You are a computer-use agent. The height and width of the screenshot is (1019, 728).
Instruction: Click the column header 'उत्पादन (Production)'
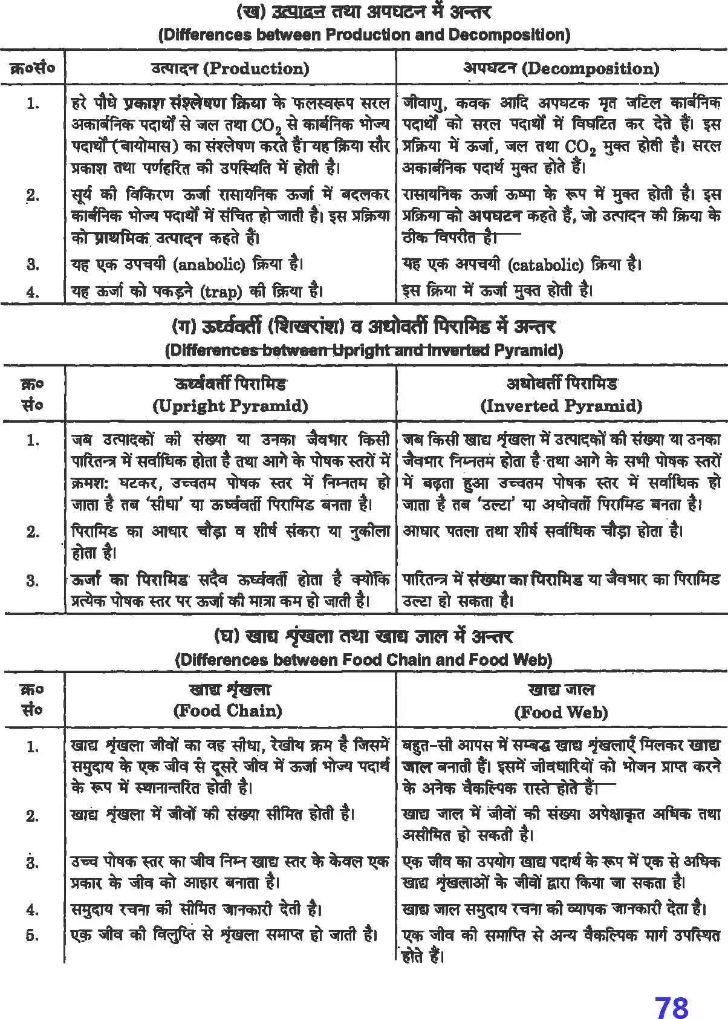coord(230,68)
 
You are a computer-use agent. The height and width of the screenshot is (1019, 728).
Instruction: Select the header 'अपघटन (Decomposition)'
coord(561,68)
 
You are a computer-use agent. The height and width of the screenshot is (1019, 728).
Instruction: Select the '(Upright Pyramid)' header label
coord(230,405)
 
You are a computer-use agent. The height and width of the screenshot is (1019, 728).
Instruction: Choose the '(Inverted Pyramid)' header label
coord(561,405)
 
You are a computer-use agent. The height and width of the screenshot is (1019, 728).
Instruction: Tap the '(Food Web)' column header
coord(561,712)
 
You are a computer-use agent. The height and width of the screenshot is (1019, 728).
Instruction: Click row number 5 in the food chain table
coord(32,935)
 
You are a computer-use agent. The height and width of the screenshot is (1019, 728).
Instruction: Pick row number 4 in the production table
coord(33,292)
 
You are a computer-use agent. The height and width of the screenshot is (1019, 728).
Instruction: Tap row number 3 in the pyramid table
coord(33,581)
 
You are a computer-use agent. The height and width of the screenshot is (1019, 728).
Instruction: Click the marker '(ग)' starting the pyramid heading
coord(184,327)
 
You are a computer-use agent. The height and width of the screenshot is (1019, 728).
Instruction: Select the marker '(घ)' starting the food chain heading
coord(227,637)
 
